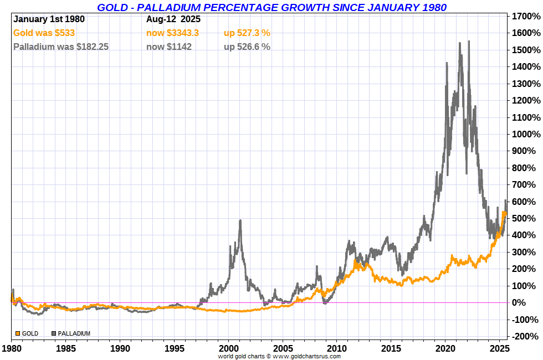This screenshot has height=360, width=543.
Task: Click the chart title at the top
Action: [x=271, y=7]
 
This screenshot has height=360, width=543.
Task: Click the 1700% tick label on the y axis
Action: [x=525, y=17]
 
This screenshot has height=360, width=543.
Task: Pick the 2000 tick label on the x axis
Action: [x=228, y=349]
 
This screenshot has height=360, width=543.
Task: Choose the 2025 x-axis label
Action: [x=499, y=349]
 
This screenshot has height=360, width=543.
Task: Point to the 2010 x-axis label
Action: [x=337, y=349]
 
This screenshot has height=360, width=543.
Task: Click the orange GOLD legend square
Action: [x=18, y=333]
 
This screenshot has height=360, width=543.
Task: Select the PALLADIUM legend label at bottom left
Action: [x=74, y=333]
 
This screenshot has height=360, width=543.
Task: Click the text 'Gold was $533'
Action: [x=44, y=33]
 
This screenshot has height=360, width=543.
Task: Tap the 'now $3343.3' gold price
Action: [x=172, y=33]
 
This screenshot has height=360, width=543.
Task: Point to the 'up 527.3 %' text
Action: [x=247, y=33]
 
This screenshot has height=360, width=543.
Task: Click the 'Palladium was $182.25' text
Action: [x=61, y=47]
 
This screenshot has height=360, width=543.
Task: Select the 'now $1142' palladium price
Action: [x=169, y=47]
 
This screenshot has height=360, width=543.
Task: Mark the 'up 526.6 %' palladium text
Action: [x=247, y=47]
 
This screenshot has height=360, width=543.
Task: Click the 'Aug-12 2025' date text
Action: [x=173, y=19]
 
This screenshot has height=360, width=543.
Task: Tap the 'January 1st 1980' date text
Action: [x=49, y=19]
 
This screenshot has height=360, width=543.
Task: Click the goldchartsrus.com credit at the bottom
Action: [x=279, y=356]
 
